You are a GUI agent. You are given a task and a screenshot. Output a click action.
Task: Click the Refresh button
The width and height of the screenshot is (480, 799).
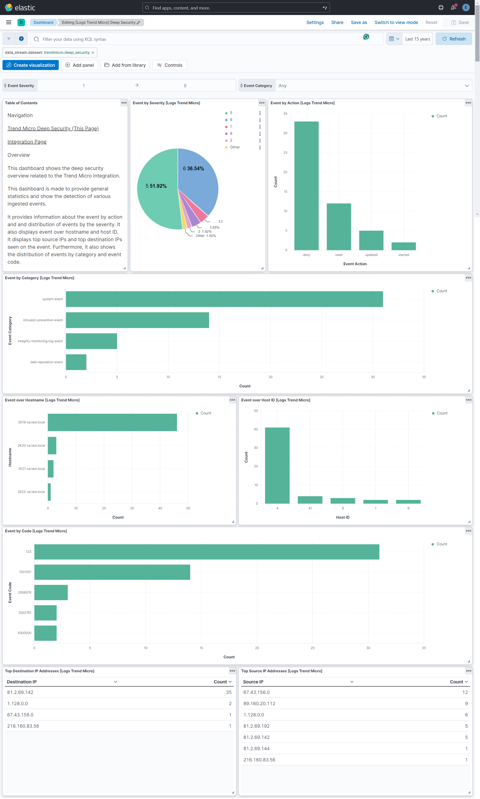point(453,39)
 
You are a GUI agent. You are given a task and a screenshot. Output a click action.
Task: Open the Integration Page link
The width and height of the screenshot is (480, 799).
point(27,142)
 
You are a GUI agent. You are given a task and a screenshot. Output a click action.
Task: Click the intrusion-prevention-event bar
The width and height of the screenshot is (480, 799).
point(137,320)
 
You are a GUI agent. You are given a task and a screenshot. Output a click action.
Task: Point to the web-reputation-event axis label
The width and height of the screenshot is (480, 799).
point(46,362)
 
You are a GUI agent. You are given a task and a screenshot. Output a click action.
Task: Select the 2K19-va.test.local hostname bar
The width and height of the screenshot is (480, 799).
point(112,422)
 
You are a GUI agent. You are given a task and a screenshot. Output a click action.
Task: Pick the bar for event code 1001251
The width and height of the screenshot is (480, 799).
point(112,572)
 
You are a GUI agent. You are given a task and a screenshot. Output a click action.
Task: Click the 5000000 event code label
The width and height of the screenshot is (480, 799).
point(24,633)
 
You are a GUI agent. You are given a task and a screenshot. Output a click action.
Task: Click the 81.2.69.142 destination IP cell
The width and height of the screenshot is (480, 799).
point(20,692)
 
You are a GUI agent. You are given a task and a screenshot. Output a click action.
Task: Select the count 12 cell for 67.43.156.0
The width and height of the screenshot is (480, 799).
point(465,692)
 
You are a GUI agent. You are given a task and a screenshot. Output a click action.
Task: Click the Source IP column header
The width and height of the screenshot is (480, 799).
point(253,681)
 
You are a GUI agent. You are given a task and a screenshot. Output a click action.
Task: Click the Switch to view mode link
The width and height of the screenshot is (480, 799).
point(396,22)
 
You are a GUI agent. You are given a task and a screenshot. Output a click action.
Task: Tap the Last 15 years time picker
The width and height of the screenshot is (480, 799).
point(417,39)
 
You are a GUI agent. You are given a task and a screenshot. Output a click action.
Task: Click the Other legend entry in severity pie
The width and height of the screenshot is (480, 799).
point(234,147)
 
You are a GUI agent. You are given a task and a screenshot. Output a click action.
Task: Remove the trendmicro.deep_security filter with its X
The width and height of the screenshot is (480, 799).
point(93,52)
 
